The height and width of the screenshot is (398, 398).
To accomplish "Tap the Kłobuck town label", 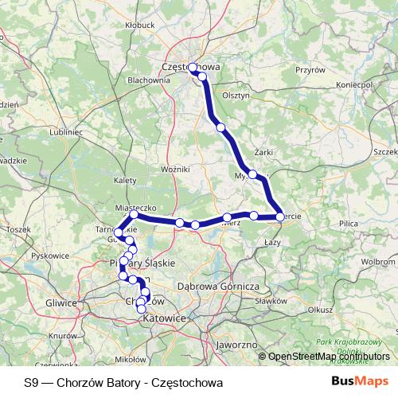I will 139,25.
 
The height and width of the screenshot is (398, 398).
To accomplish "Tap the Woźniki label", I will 174,170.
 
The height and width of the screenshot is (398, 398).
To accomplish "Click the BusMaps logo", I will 360,381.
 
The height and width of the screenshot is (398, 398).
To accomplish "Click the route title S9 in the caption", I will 30,381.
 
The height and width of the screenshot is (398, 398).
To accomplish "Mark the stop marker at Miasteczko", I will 134,215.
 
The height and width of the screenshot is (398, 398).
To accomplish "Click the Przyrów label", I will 310,70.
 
